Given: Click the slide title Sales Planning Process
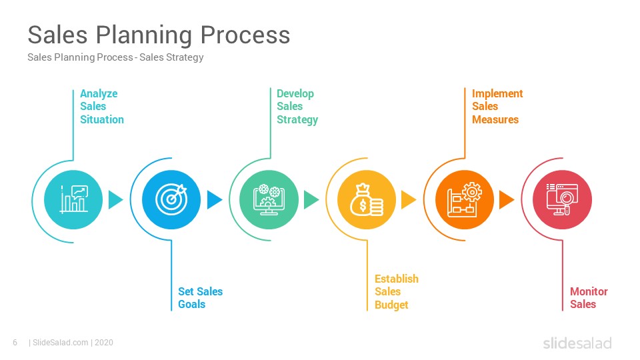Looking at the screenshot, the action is [159, 35].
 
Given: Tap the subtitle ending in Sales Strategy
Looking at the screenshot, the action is [115, 57].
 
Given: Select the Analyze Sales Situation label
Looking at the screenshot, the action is [101, 107].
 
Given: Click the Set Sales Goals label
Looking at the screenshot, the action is [200, 297].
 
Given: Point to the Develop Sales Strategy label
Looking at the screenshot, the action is [297, 107].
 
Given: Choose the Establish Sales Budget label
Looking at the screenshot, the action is [396, 291].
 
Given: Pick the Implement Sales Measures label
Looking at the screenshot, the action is [497, 107].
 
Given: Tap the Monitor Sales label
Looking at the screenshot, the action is [589, 297].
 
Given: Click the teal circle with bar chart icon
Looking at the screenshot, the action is [73, 199].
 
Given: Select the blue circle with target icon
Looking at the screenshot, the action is [171, 199].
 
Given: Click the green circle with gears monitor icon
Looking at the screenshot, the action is [269, 199].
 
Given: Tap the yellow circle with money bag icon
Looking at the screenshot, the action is [367, 199].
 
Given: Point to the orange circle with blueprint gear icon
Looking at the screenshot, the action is [465, 199].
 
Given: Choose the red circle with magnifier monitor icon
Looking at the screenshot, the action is [562, 199].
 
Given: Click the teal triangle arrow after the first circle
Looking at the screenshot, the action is [115, 199].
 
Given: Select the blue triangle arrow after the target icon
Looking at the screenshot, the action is [214, 199].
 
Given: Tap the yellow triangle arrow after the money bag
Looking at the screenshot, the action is [408, 199].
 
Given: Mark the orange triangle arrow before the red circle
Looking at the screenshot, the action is [506, 199].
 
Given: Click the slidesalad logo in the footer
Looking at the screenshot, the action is [577, 343].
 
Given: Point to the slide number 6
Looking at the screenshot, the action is [15, 343].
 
